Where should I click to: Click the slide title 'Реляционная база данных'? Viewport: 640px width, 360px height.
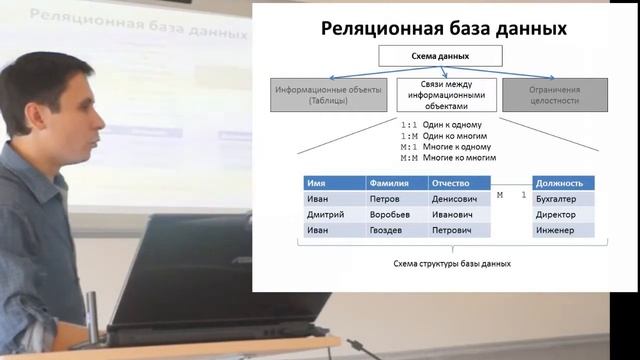444,29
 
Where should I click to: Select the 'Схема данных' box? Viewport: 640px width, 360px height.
440,57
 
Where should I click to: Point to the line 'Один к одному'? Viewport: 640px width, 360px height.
451,124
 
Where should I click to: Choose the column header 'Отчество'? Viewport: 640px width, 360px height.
459,184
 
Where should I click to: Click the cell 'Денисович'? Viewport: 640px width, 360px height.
459,199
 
